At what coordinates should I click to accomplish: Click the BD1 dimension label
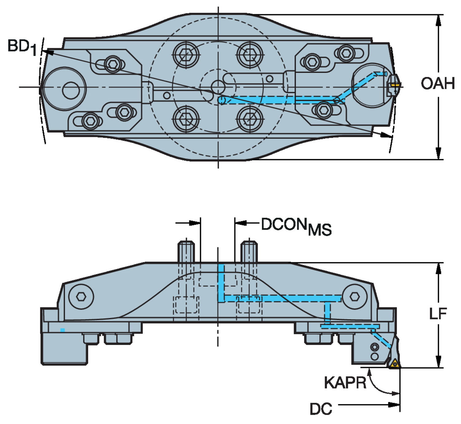(22, 47)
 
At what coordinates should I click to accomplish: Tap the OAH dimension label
(438, 83)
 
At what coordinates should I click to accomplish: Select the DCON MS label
(296, 226)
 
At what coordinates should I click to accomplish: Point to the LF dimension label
(438, 314)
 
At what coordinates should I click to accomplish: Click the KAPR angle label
(345, 383)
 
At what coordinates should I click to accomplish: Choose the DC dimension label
(321, 409)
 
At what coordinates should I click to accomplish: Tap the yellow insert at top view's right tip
(395, 83)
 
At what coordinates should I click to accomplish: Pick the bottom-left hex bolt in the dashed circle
(186, 119)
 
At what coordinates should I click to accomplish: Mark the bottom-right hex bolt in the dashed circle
(250, 119)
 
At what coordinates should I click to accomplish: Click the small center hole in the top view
(218, 87)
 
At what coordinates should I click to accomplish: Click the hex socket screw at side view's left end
(81, 296)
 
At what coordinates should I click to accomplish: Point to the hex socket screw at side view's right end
(354, 296)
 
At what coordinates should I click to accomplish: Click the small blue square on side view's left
(62, 330)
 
